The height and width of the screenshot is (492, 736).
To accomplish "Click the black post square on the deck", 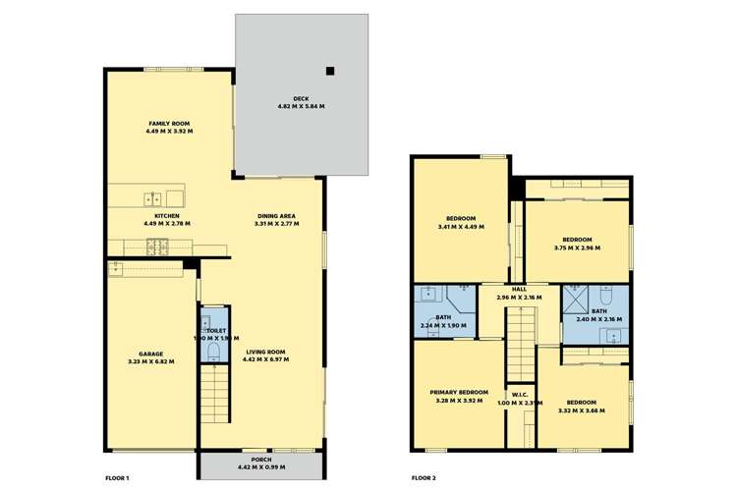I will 331,71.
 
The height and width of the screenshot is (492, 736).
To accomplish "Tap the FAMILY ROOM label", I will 164,123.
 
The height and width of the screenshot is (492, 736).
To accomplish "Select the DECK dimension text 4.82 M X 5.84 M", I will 302,106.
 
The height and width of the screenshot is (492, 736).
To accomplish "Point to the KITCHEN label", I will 164,215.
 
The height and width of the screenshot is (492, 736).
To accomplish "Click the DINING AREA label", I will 276,216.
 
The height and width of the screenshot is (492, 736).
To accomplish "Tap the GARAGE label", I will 150,354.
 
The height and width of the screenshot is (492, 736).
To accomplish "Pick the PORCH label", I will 261,460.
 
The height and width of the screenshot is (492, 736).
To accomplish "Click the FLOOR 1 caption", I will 117,478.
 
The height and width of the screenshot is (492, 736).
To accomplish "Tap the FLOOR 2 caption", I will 424,478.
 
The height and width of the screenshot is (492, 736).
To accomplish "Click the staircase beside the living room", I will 214,391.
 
